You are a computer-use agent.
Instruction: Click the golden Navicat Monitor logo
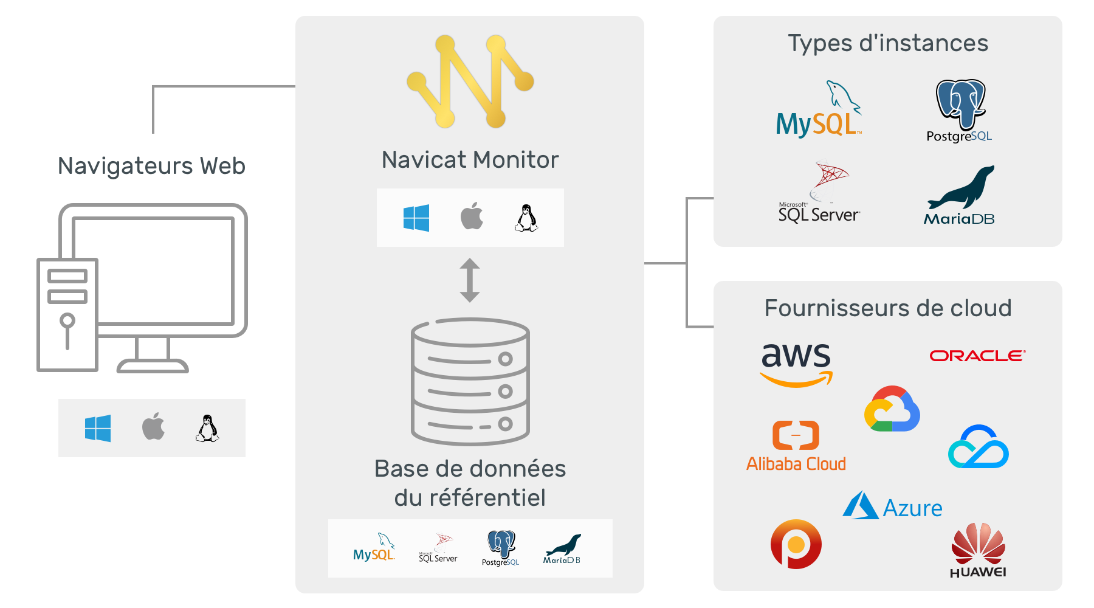(470, 81)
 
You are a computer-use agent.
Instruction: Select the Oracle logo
(977, 356)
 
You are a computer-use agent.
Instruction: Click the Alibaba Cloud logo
(796, 446)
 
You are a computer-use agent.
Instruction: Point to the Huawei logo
(978, 550)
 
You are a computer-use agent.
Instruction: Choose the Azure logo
(892, 506)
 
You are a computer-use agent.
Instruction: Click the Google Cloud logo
(892, 409)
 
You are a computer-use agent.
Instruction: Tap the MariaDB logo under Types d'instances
(959, 196)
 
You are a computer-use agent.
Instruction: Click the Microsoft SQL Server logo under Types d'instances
(819, 192)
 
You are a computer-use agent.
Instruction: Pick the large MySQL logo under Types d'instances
(819, 109)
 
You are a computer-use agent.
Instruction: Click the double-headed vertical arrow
(470, 280)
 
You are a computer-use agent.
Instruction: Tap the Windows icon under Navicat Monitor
(416, 218)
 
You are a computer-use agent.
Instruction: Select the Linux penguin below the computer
(207, 428)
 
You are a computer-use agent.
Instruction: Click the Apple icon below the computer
(153, 427)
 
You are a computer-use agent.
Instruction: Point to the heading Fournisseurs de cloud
(888, 308)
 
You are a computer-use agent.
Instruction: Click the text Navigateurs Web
(151, 166)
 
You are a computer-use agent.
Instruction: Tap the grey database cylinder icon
(470, 381)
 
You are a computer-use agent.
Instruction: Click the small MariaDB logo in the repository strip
(562, 549)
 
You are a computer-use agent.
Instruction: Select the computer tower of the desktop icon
(67, 315)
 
